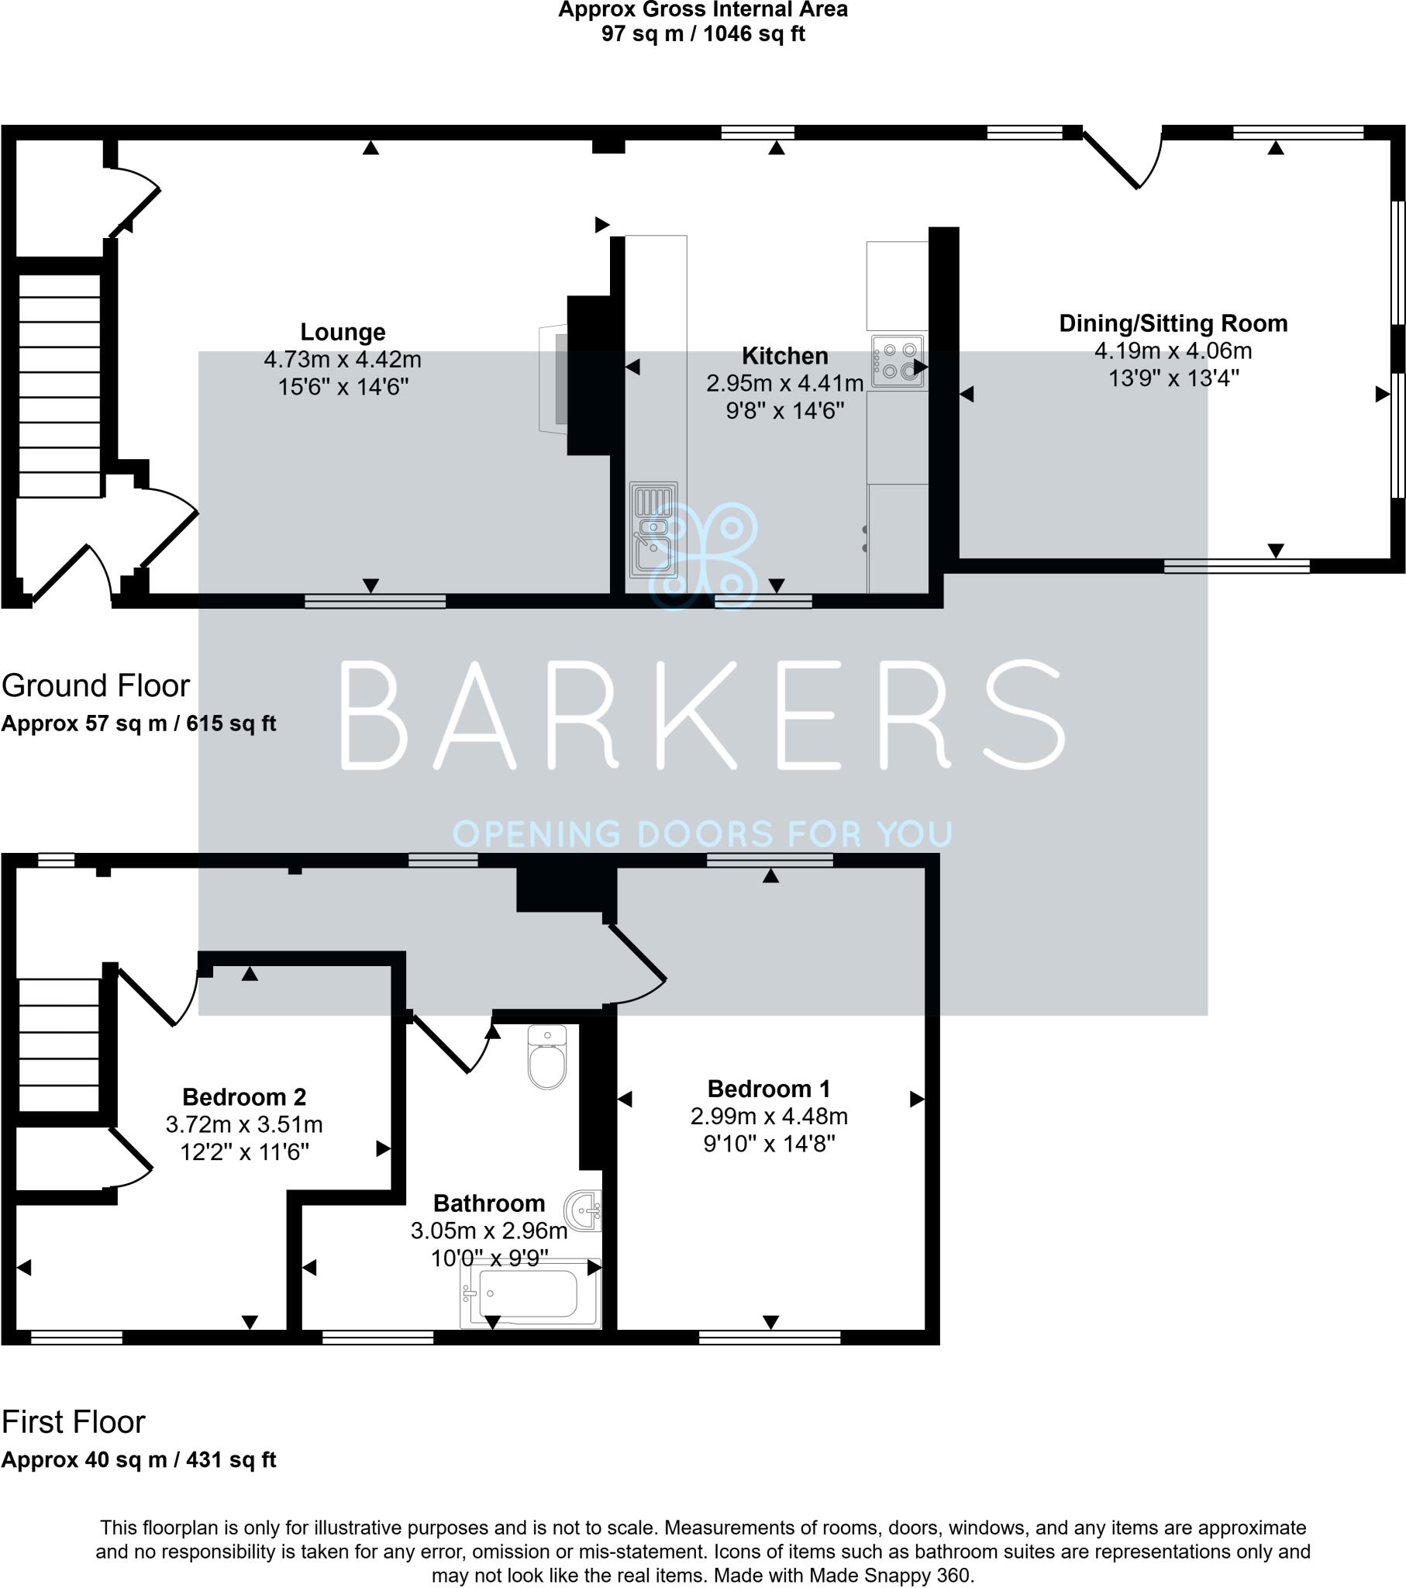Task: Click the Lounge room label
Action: (343, 332)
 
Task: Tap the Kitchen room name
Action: (784, 356)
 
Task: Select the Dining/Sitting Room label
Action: (1172, 323)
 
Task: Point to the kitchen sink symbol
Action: (653, 529)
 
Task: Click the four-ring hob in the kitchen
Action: (898, 361)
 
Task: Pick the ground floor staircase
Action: (59, 386)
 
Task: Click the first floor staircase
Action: (58, 1045)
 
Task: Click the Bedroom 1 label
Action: (768, 1089)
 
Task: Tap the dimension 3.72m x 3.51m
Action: (244, 1124)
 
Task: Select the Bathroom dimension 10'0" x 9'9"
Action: (489, 1258)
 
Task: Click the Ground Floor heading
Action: (95, 685)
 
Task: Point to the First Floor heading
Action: (73, 1422)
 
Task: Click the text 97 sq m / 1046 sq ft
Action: (702, 34)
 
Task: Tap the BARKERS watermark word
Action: (702, 715)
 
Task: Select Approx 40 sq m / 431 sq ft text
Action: (138, 1460)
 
